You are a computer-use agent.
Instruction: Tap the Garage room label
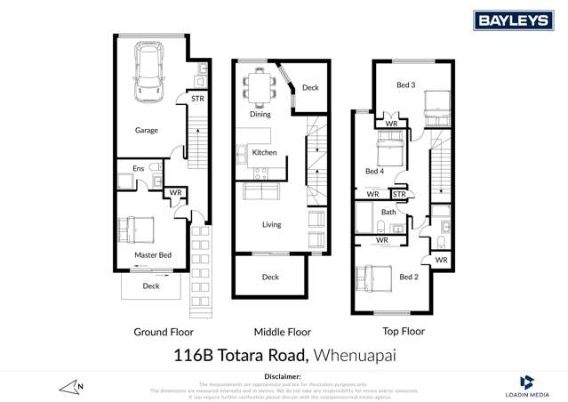click(147, 130)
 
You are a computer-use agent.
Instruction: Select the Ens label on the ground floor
click(139, 168)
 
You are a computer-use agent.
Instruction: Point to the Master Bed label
click(153, 255)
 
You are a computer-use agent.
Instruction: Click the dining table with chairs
click(260, 86)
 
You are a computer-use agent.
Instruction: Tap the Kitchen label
click(265, 152)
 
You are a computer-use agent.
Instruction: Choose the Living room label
click(271, 224)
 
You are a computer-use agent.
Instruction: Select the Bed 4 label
click(374, 171)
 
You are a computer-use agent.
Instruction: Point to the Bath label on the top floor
click(389, 212)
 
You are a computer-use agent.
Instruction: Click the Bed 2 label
click(408, 277)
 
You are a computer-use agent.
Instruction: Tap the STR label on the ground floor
click(197, 99)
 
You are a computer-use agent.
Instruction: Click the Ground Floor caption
click(164, 332)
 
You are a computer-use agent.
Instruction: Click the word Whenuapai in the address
click(354, 357)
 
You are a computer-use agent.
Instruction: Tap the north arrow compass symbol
click(70, 386)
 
